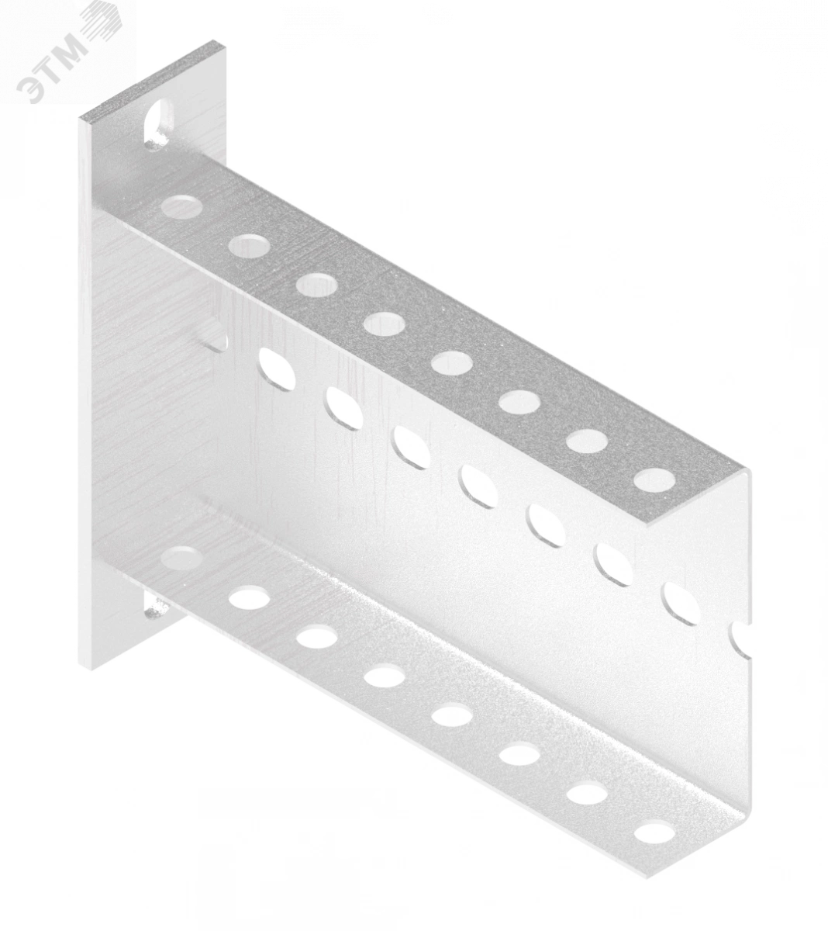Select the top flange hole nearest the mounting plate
coord(181,206)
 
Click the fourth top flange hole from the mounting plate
coord(385,323)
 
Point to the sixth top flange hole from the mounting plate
coord(519,401)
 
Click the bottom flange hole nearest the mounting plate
coord(182,556)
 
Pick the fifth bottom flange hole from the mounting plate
coord(452,714)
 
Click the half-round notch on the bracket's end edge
coord(743,641)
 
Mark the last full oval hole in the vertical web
coord(680,604)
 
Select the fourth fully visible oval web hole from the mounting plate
coord(479,487)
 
